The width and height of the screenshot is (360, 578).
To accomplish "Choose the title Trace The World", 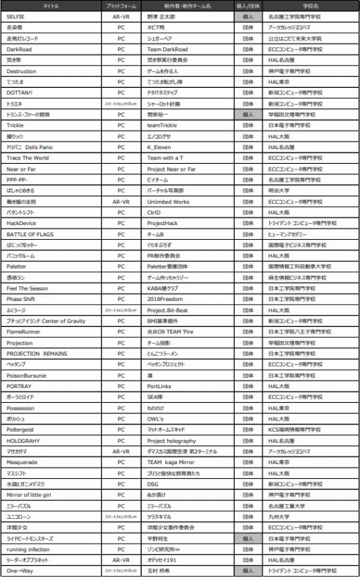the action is tap(28, 159).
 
